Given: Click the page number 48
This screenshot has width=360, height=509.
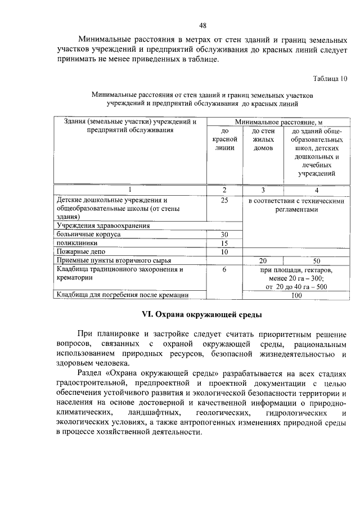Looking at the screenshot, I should pyautogui.click(x=202, y=25).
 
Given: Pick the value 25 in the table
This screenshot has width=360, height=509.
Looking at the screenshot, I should pyautogui.click(x=224, y=200).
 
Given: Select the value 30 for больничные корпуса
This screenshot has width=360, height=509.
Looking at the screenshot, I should pyautogui.click(x=224, y=234).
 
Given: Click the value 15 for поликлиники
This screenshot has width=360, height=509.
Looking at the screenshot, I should pyautogui.click(x=224, y=243).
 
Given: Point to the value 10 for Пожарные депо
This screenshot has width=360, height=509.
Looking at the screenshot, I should pyautogui.click(x=224, y=252).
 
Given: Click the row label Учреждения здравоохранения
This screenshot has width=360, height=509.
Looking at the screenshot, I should pyautogui.click(x=103, y=226).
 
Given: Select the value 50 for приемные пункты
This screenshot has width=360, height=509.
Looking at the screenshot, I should pyautogui.click(x=316, y=261).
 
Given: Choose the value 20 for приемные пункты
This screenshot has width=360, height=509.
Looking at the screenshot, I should pyautogui.click(x=262, y=261).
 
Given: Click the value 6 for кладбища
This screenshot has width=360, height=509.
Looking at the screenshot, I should pyautogui.click(x=224, y=269).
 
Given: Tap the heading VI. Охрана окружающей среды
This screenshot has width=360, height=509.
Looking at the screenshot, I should pyautogui.click(x=202, y=314).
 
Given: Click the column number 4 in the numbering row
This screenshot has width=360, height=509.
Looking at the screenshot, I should pyautogui.click(x=316, y=190).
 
